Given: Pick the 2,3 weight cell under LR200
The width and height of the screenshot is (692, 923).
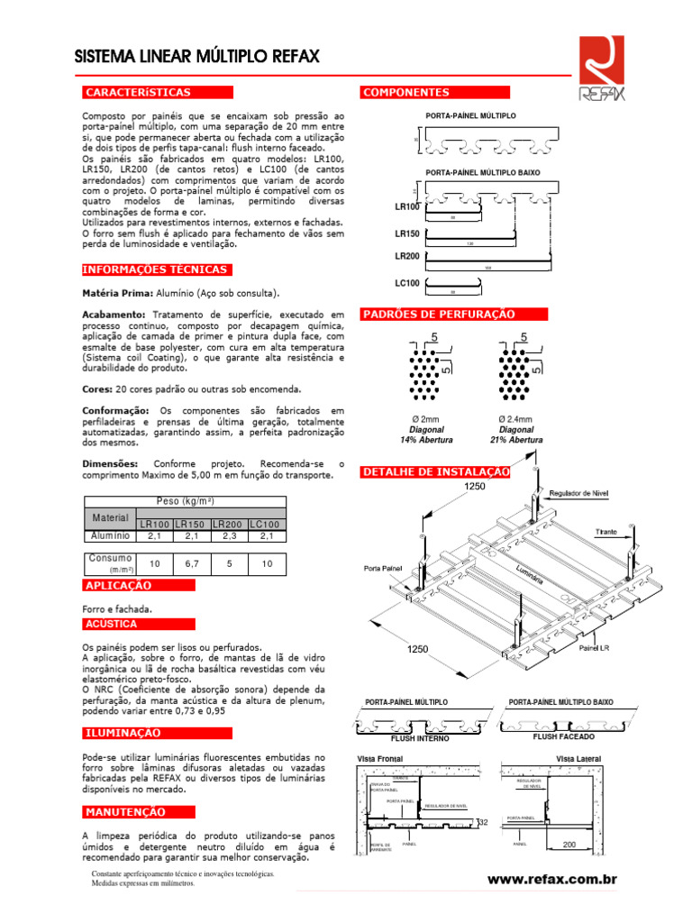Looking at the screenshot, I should click(229, 535).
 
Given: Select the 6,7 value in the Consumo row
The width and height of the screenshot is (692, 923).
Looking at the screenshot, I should click(191, 563).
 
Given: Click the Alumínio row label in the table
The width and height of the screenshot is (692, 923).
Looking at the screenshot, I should click(110, 535).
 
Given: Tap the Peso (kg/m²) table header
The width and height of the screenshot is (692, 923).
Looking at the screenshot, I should click(185, 501).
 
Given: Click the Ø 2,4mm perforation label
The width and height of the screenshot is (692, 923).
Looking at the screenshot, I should click(514, 419).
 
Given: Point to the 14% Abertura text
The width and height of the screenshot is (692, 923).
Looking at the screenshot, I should click(426, 441).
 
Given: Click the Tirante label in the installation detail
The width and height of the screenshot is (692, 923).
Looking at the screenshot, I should click(605, 533).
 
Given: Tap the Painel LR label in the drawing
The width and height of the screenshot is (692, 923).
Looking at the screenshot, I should click(595, 647).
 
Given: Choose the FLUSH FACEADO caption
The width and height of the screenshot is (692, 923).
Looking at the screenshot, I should click(562, 736).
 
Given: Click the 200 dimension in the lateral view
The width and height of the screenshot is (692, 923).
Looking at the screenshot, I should click(569, 845).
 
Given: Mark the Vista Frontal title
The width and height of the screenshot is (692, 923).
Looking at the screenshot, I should click(380, 759).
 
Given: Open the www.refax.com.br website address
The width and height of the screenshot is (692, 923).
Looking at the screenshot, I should click(551, 879).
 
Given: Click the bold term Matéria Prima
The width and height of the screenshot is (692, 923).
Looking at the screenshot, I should click(117, 293).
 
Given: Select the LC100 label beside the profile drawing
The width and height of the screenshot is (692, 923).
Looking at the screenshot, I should click(407, 284).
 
